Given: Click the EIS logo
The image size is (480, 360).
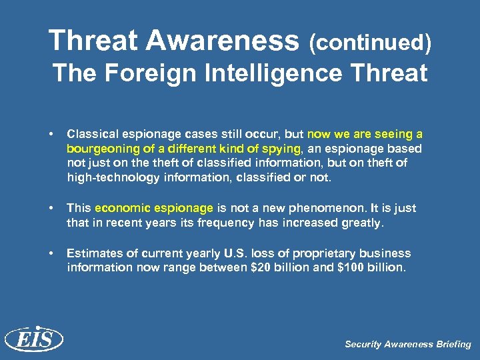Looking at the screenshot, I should tap(33, 339).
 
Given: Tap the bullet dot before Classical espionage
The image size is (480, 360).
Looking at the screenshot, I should tap(52, 135).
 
